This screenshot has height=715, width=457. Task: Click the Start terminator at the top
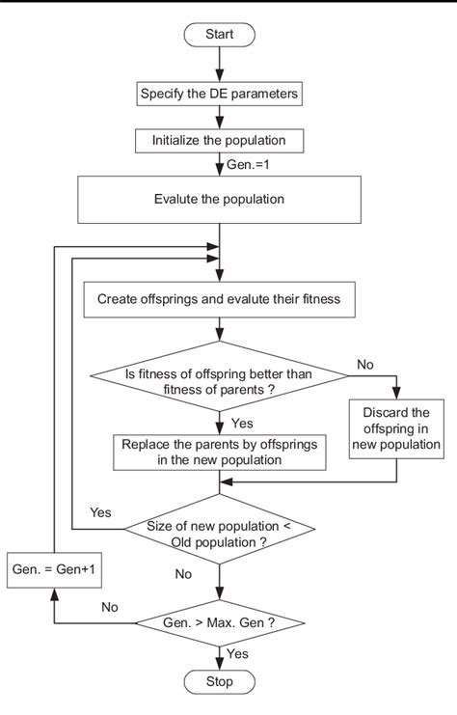click(x=221, y=34)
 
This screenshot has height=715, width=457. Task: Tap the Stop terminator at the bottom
click(x=221, y=682)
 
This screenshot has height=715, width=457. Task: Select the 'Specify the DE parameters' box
click(x=221, y=94)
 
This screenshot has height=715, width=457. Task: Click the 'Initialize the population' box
click(x=221, y=140)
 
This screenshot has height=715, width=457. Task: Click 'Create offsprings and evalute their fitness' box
click(x=221, y=299)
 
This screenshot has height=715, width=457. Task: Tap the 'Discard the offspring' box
click(x=395, y=427)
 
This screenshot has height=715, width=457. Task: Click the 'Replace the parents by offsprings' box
click(x=221, y=453)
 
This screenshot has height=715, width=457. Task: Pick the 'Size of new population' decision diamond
click(x=221, y=534)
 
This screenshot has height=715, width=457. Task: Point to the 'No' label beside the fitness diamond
click(x=366, y=366)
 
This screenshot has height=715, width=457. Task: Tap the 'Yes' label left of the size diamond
click(x=101, y=510)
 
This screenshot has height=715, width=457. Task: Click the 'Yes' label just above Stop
click(x=238, y=654)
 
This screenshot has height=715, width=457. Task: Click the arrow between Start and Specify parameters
click(x=221, y=63)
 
